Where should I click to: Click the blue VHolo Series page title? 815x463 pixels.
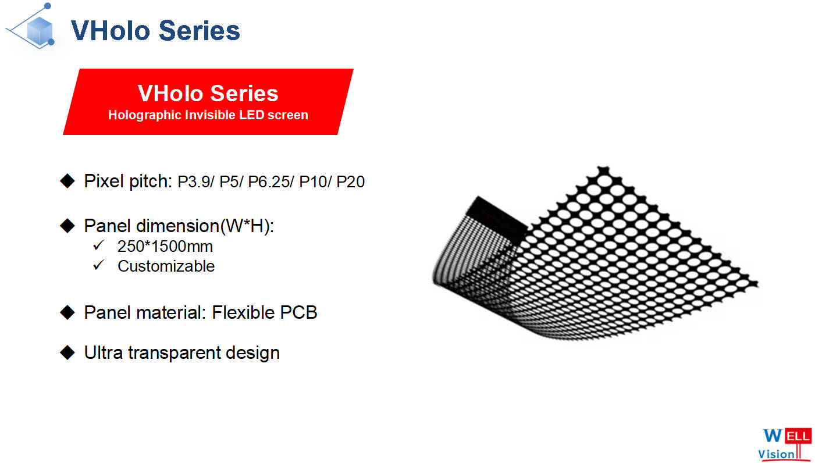[x=155, y=30]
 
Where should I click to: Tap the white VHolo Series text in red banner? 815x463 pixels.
[x=208, y=93]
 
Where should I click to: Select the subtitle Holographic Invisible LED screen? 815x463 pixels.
[x=208, y=115]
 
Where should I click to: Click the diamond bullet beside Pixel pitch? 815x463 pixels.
[x=67, y=181]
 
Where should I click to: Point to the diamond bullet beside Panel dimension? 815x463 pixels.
[x=67, y=226]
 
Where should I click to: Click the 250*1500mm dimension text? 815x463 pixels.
[x=165, y=247]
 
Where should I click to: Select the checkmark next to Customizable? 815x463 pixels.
[x=98, y=265]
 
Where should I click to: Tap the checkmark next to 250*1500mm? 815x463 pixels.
[x=98, y=245]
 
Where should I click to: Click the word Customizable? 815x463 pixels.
[x=166, y=266]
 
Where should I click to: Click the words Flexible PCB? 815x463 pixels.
[x=264, y=312]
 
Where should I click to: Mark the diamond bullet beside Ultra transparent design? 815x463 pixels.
[x=67, y=352]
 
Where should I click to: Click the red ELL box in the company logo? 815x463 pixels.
[x=798, y=436]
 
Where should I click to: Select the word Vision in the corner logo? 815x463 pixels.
[x=775, y=454]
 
